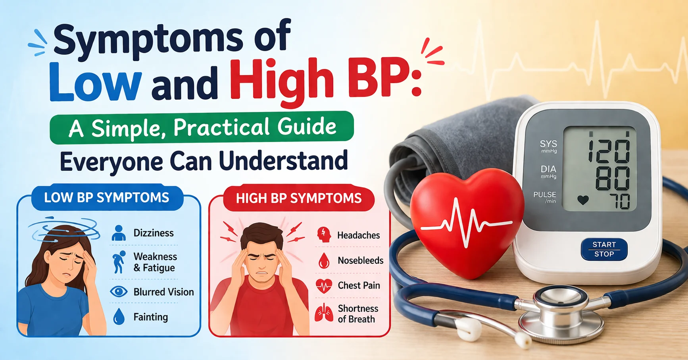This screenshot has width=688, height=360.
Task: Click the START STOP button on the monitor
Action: coord(604,249)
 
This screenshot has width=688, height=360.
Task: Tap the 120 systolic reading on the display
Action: coord(609,151)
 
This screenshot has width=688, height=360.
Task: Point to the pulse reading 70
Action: coord(622,202)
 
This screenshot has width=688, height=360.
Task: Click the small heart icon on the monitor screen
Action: coord(583,200)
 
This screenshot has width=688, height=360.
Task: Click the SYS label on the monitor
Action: coord(548,144)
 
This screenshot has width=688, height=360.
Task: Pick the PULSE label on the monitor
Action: coord(545,194)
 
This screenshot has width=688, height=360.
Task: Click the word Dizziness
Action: coord(154,233)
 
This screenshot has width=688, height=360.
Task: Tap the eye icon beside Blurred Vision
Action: coord(119,292)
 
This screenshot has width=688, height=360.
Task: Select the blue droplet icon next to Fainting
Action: coord(119,317)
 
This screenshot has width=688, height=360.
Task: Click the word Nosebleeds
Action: coord(360,260)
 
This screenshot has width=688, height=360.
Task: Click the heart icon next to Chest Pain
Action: coord(324,286)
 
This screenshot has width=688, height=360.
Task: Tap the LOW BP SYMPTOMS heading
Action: coord(106,198)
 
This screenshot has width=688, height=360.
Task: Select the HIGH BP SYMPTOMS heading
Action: coord(299,198)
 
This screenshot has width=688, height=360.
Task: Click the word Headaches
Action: coord(358,235)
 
